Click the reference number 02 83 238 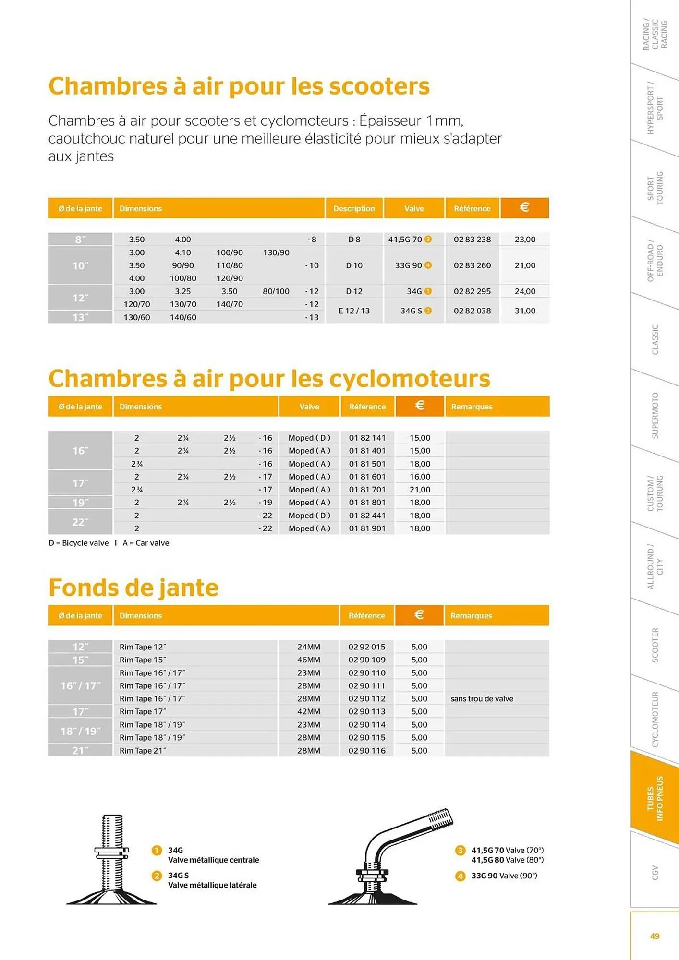[472, 240]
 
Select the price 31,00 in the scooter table [525, 311]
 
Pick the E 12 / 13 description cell [354, 311]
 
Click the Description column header [354, 208]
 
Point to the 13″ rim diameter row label [80, 317]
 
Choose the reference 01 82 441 [367, 516]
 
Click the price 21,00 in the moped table [420, 490]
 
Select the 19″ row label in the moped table [80, 503]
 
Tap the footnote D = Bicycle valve [79, 543]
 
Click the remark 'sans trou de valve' [482, 699]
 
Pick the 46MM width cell [308, 660]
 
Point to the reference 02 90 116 [367, 751]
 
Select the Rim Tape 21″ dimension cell [143, 751]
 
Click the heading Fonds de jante [133, 588]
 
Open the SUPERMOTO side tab [655, 416]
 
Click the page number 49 [655, 936]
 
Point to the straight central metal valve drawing [112, 859]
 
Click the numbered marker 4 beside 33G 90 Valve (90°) [460, 876]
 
